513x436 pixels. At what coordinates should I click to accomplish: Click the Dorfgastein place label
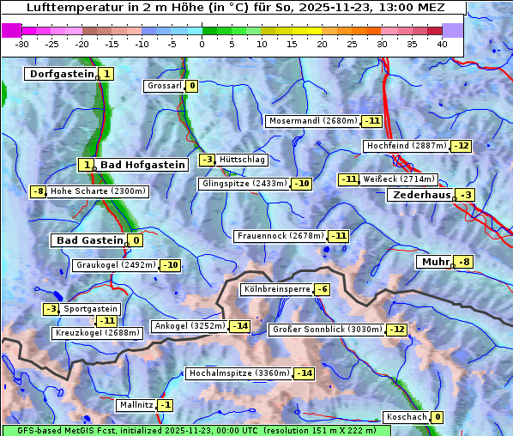click(60, 75)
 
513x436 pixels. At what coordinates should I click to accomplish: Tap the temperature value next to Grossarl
click(192, 86)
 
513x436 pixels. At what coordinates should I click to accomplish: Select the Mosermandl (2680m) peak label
click(312, 121)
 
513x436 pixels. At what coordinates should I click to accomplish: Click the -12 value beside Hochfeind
click(462, 146)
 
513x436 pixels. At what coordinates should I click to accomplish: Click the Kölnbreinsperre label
click(275, 290)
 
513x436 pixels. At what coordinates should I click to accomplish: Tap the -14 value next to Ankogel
click(239, 326)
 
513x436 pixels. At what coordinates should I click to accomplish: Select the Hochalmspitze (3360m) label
click(238, 373)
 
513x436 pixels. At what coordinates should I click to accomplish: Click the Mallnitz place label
click(136, 405)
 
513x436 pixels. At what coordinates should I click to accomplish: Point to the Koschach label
click(407, 417)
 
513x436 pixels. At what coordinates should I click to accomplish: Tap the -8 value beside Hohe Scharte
click(38, 191)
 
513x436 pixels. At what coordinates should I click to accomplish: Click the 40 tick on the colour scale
click(442, 44)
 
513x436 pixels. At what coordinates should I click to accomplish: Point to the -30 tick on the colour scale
click(22, 44)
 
